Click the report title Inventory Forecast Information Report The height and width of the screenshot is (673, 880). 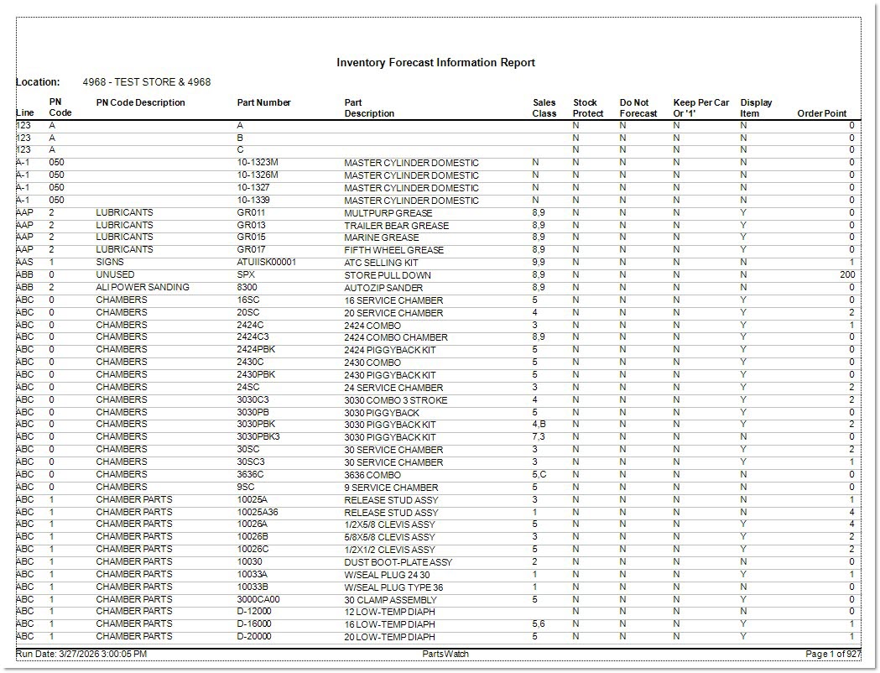tap(435, 63)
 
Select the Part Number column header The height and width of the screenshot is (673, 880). tap(263, 103)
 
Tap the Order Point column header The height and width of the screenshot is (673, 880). tap(821, 113)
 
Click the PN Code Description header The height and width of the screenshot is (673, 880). tap(140, 103)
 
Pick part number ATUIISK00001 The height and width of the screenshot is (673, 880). tap(266, 263)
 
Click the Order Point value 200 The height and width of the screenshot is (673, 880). tap(846, 275)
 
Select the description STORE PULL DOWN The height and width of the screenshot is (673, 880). tap(388, 275)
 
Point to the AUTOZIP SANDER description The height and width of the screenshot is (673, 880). tap(383, 288)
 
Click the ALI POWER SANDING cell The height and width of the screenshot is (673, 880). tap(143, 287)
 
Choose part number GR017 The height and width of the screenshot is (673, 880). tap(251, 250)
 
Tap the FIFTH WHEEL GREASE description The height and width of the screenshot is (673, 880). tap(393, 250)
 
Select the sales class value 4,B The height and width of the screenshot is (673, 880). tap(539, 425)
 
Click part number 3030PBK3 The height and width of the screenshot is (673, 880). tap(258, 436)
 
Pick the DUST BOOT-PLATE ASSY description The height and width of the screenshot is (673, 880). tap(398, 562)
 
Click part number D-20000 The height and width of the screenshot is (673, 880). tap(254, 636)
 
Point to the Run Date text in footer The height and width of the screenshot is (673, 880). tap(81, 654)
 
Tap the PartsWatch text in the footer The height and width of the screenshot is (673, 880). tap(445, 654)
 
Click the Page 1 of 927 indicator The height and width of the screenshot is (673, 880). tap(832, 654)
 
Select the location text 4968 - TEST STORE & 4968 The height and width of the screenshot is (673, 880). tap(147, 82)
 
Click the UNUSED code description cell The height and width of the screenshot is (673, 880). tap(115, 275)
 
